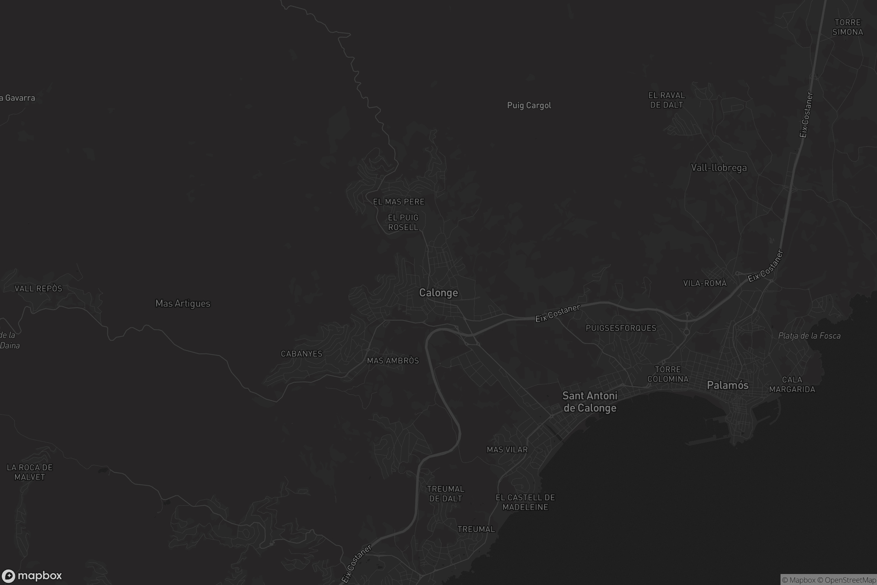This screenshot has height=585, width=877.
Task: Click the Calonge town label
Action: coord(438,293)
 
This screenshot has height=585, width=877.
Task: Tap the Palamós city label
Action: coord(728,385)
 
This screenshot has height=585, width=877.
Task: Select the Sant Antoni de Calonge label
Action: coord(589,402)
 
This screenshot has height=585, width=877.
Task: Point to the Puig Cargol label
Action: coord(529,106)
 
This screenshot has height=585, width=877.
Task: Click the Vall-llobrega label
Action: coord(718,168)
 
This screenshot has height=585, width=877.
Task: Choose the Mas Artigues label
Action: coord(183,304)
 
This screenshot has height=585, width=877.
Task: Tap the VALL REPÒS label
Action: coord(38,288)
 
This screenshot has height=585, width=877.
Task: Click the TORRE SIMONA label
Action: coord(847,27)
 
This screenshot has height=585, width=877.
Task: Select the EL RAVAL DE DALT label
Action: coord(666,100)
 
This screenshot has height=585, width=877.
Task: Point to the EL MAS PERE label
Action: coord(399,202)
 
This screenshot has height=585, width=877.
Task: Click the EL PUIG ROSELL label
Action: coord(403,222)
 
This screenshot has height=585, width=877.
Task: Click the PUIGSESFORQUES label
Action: coord(621,328)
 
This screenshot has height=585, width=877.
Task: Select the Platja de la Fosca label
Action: coord(809,336)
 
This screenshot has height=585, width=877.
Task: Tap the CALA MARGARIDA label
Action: coord(792,385)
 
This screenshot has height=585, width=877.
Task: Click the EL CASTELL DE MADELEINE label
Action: coord(525,502)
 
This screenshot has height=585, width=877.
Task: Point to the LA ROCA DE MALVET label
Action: coord(30,472)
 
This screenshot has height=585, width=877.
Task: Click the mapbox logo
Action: coord(31,575)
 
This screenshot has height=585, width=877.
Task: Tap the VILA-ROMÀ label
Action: coord(705,283)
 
